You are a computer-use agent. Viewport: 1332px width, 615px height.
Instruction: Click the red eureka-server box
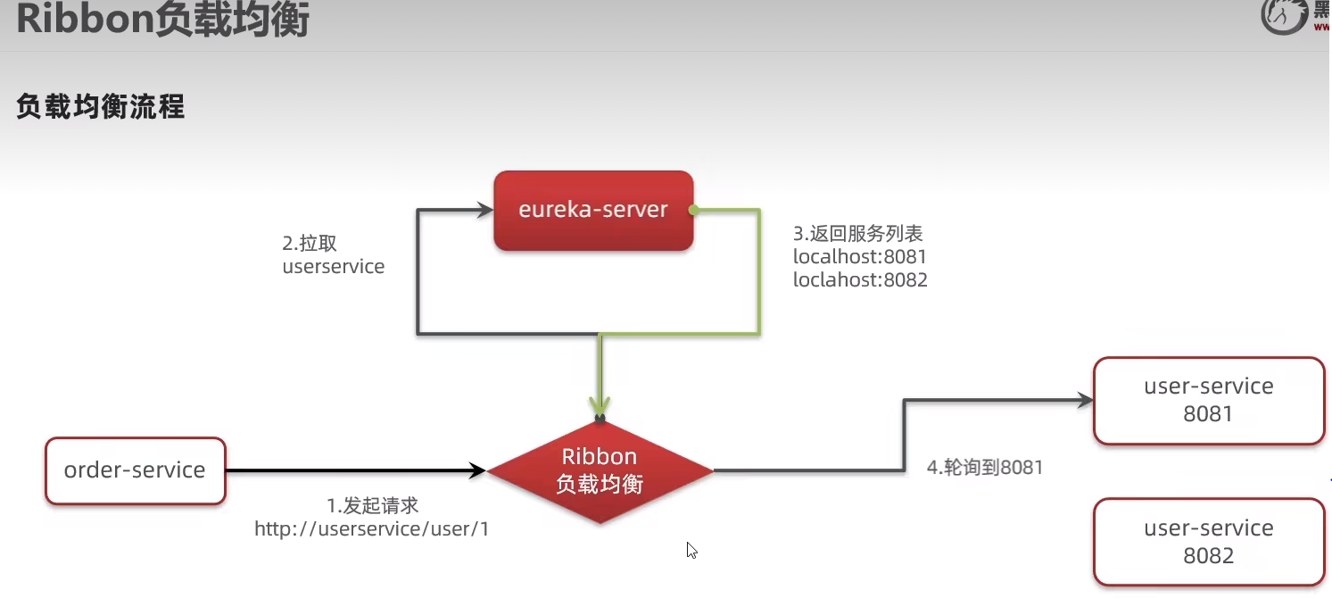click(593, 211)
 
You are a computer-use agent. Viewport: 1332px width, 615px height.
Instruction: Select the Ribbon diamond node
click(600, 470)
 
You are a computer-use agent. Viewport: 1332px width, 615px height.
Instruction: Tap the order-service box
click(135, 470)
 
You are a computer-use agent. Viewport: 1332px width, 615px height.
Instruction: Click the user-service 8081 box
click(1208, 400)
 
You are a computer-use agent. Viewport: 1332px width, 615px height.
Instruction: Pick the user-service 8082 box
click(1208, 542)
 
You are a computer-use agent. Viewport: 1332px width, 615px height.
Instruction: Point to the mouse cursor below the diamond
click(691, 549)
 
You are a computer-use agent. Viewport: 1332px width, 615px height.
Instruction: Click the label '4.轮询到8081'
click(985, 467)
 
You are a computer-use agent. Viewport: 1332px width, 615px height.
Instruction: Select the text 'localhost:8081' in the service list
click(860, 257)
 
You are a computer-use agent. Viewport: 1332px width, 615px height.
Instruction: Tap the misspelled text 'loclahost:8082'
click(860, 280)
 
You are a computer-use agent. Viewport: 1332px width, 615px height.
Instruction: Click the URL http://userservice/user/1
click(371, 529)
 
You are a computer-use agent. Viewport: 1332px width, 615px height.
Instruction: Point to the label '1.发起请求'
click(372, 506)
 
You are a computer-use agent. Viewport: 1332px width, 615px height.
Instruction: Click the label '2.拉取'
click(310, 244)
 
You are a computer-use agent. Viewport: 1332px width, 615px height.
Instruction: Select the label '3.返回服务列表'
click(857, 234)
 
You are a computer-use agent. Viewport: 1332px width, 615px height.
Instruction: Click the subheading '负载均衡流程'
click(100, 108)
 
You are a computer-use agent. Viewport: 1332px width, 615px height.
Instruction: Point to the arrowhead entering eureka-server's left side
click(484, 211)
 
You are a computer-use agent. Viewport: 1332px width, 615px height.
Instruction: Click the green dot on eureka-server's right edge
click(693, 212)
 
